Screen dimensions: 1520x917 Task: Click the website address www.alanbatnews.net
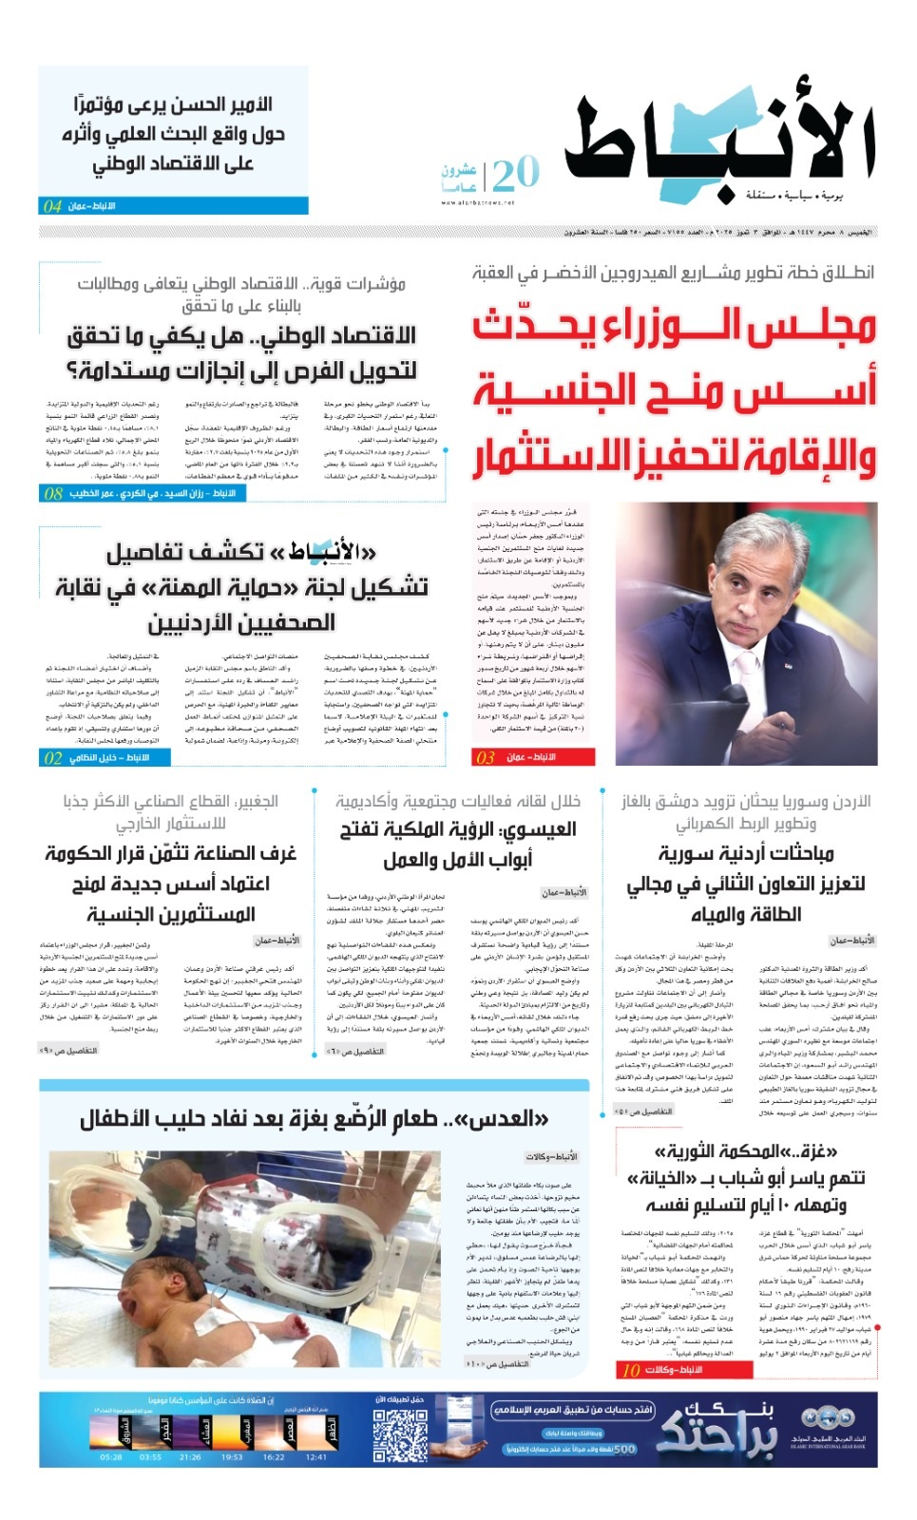[477, 202]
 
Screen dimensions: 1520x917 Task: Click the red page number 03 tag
[486, 757]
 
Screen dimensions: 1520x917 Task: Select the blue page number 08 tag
[53, 493]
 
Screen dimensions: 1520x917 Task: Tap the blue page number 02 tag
[52, 757]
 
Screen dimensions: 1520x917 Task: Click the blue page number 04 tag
[52, 205]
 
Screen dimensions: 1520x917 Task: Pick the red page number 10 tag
[631, 1370]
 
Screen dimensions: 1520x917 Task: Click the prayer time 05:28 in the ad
[111, 1457]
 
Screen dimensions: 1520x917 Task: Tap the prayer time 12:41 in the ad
[316, 1457]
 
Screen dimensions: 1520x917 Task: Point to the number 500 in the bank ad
[623, 1449]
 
